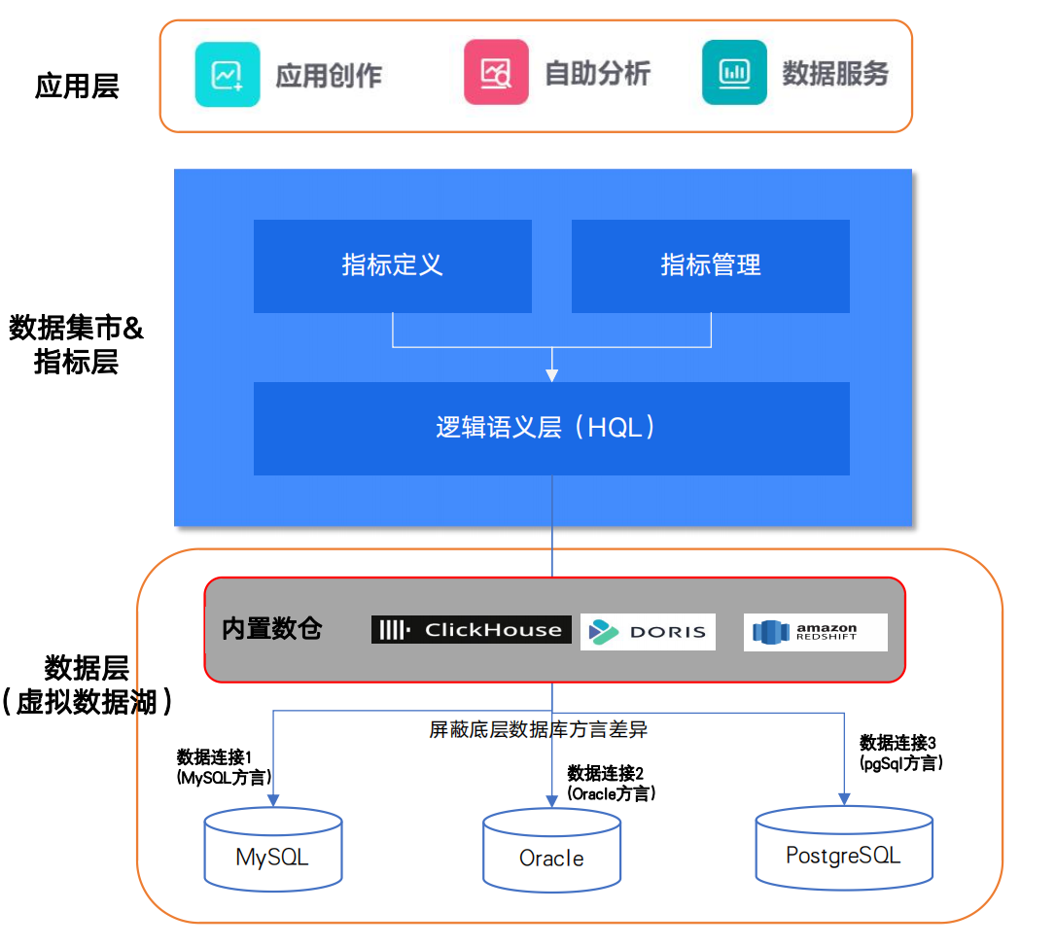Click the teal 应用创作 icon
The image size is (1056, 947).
228,74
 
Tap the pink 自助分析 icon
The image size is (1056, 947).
496,72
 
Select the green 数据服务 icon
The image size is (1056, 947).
734,72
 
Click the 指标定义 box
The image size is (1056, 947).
392,265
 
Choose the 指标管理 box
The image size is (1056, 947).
710,265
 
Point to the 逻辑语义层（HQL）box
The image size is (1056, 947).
551,428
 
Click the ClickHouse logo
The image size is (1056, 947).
471,630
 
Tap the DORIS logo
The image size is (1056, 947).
648,632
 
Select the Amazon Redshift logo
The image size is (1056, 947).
815,632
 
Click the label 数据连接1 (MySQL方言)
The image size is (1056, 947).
224,767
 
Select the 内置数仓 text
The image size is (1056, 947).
272,629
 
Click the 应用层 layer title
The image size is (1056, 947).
77,87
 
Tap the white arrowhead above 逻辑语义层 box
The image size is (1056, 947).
551,374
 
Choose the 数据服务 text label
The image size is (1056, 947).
835,74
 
